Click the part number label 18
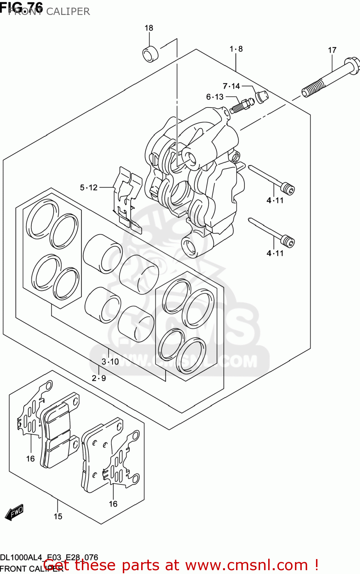(149, 28)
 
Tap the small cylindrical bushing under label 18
(150, 54)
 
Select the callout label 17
(332, 50)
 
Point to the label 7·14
(231, 86)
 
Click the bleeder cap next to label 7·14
(262, 96)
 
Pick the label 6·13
(215, 97)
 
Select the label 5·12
(89, 188)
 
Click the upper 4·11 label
(275, 200)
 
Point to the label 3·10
(110, 362)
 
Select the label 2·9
(99, 378)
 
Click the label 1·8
(236, 49)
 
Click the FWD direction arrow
(14, 513)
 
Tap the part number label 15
(58, 517)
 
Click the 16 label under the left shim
(31, 458)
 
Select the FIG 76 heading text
(21, 7)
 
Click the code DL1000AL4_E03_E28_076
(49, 558)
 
